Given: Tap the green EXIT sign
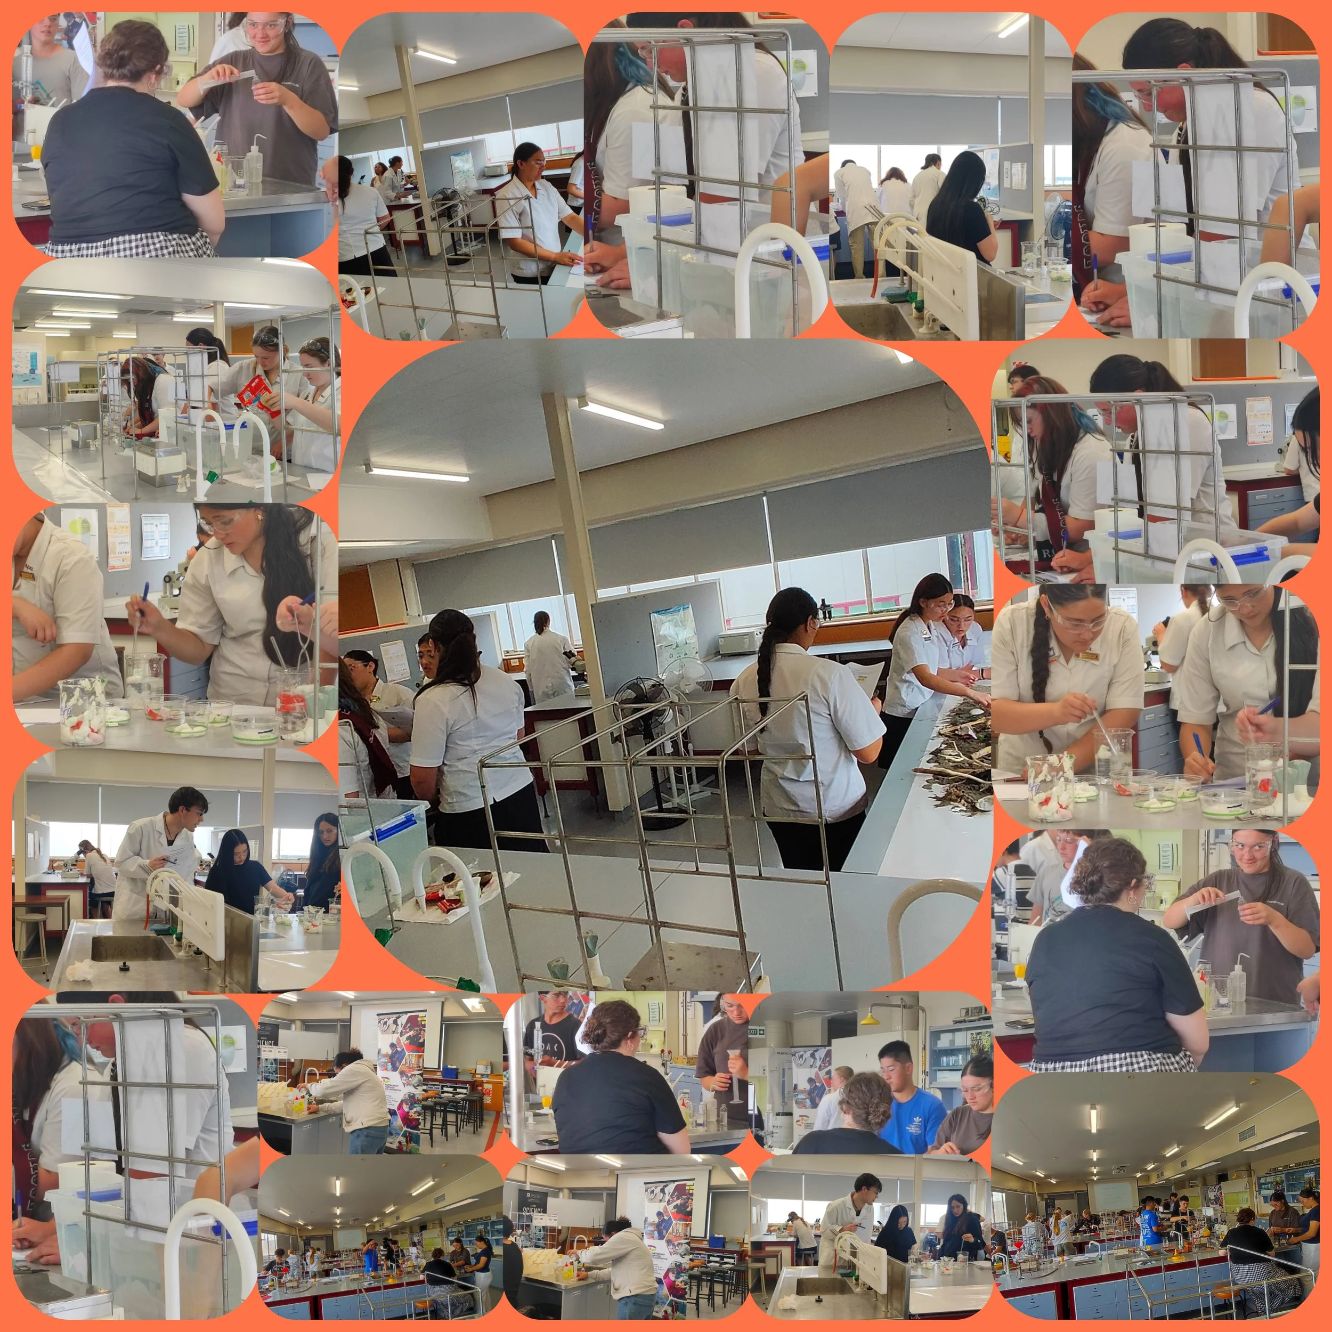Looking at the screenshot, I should click(757, 1032).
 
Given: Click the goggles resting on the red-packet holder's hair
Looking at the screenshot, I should click(265, 337).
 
